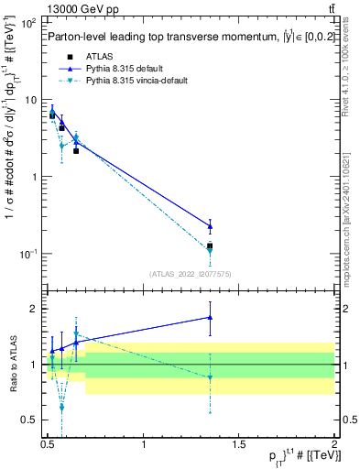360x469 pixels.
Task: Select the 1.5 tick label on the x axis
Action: coord(239,447)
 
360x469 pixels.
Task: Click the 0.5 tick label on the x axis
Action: coord(48,447)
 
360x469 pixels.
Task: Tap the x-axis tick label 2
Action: coord(334,447)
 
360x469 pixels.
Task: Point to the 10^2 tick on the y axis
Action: coord(27,22)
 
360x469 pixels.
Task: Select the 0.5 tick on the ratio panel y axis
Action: coord(29,420)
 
